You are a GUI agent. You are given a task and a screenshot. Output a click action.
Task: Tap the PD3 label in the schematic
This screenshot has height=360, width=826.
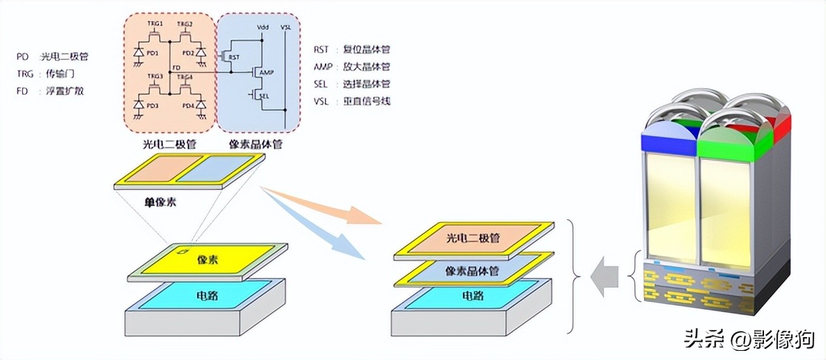click(151, 106)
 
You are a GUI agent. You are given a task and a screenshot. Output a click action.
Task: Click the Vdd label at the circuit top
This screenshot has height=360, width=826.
click(263, 27)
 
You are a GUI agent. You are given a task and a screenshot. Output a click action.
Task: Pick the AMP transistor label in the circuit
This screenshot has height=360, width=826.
click(266, 72)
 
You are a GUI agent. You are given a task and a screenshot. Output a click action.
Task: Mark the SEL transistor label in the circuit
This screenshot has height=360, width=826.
click(264, 95)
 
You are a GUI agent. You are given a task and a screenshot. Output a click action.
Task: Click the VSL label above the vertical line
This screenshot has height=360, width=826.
click(286, 27)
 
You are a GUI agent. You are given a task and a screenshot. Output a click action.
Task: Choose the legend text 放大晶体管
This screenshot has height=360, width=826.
click(366, 67)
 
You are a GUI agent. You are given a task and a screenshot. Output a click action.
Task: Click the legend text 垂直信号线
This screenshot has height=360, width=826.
click(366, 101)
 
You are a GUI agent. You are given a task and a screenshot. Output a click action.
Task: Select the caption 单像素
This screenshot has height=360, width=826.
click(161, 202)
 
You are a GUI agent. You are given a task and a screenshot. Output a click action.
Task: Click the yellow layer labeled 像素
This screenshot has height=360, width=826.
click(207, 260)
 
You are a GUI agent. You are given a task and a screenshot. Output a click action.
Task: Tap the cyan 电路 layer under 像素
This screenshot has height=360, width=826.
click(207, 296)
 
